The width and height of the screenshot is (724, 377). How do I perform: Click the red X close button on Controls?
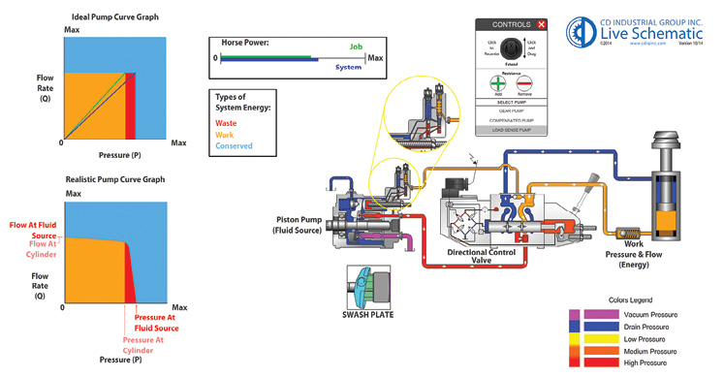[541, 24]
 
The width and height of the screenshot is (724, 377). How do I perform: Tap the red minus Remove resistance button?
[525, 84]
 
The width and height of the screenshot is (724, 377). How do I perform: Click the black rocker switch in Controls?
[511, 49]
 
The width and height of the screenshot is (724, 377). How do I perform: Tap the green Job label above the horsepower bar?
[356, 47]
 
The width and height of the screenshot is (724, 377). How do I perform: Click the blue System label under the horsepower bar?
[348, 67]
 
